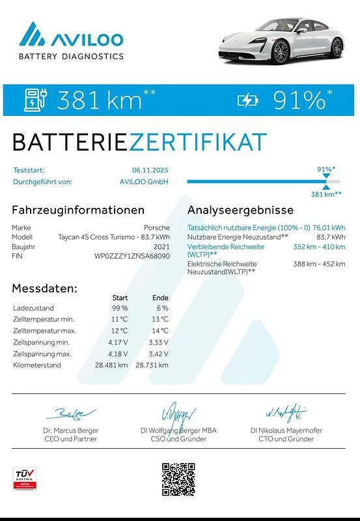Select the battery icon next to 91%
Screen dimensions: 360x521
[x=248, y=100]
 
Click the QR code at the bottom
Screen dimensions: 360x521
[x=178, y=479]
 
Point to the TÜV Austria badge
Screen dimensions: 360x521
[x=24, y=478]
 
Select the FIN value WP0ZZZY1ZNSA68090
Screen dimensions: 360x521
[x=132, y=256]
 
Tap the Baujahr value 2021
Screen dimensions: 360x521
[x=161, y=247]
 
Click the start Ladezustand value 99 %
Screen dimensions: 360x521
[x=120, y=308]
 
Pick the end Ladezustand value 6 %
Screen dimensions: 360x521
[x=162, y=308]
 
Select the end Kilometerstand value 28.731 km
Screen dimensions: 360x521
[x=152, y=365]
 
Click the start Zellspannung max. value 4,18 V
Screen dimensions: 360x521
[x=119, y=354]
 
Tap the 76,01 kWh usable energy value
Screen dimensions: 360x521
[x=329, y=228]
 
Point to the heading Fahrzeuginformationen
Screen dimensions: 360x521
[x=78, y=210]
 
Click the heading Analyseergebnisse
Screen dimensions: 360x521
[x=240, y=210]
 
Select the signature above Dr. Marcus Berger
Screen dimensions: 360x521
[x=70, y=414]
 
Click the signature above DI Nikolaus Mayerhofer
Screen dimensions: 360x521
[x=286, y=412]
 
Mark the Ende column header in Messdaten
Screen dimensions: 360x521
[x=160, y=298]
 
